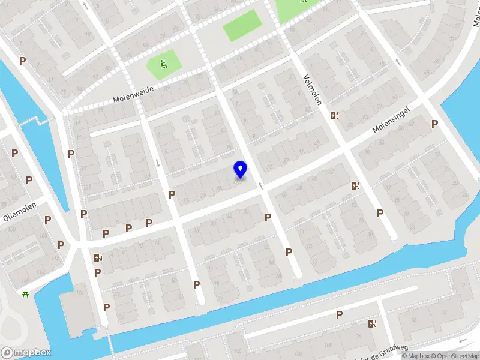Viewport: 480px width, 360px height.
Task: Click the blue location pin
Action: click(x=240, y=169)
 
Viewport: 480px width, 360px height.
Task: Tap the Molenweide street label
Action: click(x=133, y=93)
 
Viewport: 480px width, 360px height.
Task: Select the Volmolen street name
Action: click(x=311, y=88)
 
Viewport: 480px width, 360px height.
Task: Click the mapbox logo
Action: click(x=26, y=352)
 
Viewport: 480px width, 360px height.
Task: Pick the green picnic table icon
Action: click(x=26, y=293)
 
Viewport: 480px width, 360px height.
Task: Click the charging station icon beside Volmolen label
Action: click(x=335, y=115)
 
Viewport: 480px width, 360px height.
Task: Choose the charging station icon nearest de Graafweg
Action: click(x=373, y=324)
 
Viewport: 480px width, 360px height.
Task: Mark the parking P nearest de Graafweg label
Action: click(x=339, y=314)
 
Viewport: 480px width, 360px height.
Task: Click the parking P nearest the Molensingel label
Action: click(x=434, y=124)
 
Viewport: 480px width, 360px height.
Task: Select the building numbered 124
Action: click(x=79, y=293)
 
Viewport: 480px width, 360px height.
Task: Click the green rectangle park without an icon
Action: click(x=242, y=25)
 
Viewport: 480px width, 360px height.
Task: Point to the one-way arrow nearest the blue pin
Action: click(x=261, y=186)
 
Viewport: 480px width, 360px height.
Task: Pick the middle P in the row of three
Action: click(x=128, y=228)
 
